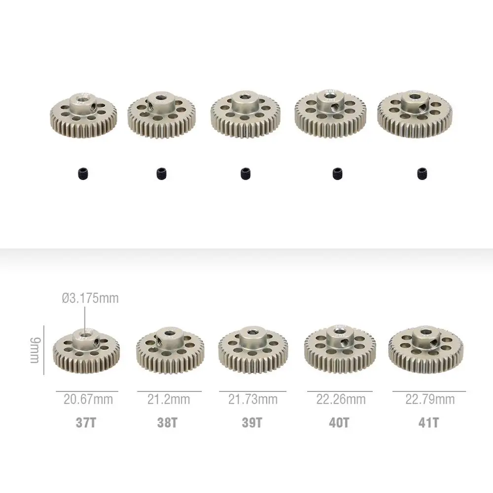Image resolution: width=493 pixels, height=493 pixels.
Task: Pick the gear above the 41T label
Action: pos(424,349)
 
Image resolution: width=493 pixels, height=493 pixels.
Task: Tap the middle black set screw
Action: pos(245,173)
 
